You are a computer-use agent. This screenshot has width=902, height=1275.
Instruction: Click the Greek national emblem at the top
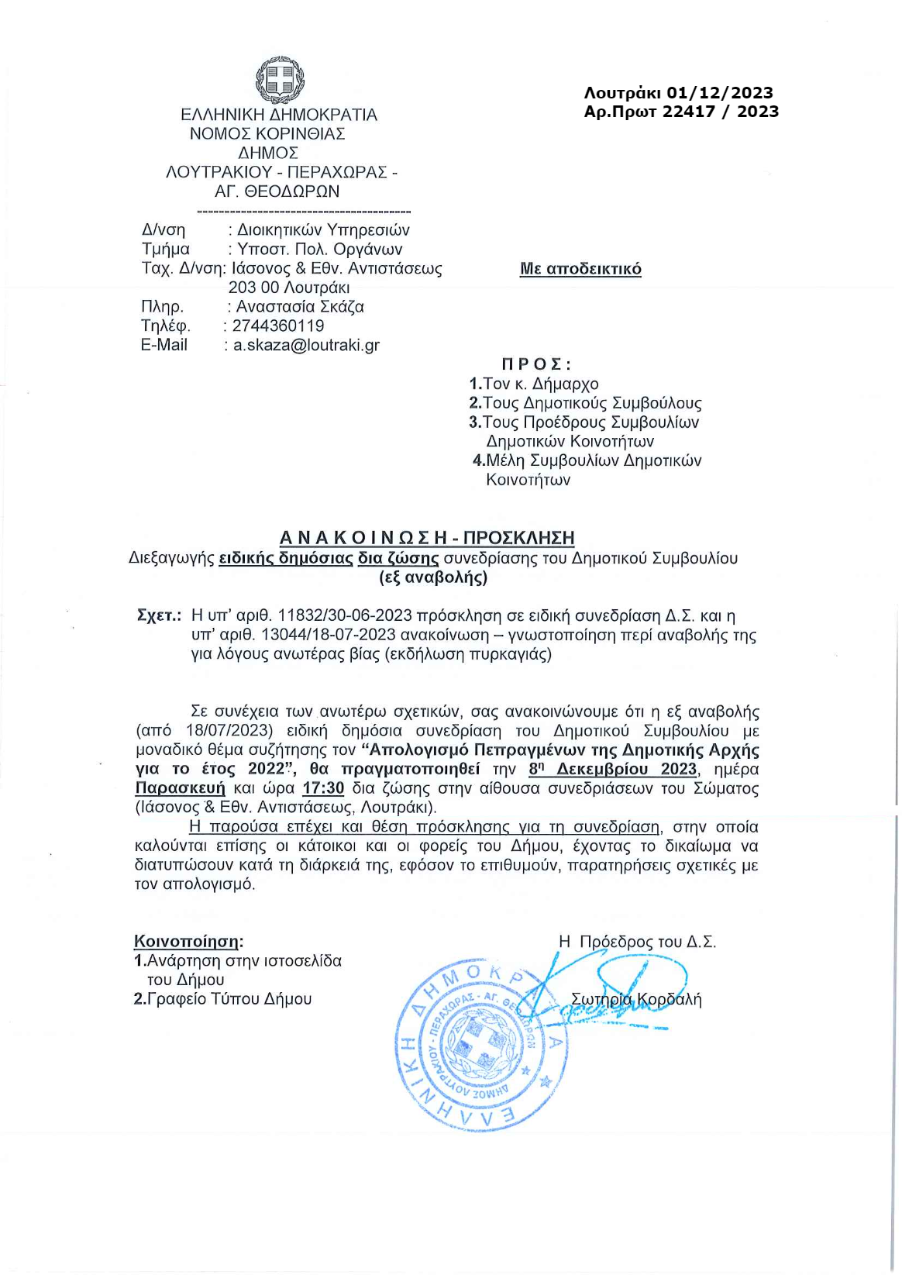click(280, 80)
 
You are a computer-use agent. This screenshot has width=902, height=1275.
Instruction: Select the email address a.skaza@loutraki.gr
click(306, 345)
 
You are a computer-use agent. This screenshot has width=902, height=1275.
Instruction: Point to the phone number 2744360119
click(278, 326)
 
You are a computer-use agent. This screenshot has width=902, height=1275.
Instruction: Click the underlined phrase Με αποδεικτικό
click(580, 269)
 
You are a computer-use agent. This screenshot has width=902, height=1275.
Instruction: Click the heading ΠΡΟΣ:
click(536, 364)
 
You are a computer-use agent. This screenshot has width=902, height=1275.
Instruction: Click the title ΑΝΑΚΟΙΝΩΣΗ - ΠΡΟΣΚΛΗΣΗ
click(427, 537)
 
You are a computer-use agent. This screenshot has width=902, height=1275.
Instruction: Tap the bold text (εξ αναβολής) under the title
click(433, 577)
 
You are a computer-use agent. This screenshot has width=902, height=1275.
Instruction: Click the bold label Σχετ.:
click(159, 616)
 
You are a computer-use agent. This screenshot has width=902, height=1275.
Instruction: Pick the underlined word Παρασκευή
click(180, 788)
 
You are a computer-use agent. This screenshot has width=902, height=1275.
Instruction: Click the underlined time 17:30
click(323, 788)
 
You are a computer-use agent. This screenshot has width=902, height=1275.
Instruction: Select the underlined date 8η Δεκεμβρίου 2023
click(612, 769)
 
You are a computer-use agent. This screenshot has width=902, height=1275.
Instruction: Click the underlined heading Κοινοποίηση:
click(188, 942)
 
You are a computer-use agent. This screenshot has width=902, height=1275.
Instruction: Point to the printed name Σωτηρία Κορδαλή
click(635, 999)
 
